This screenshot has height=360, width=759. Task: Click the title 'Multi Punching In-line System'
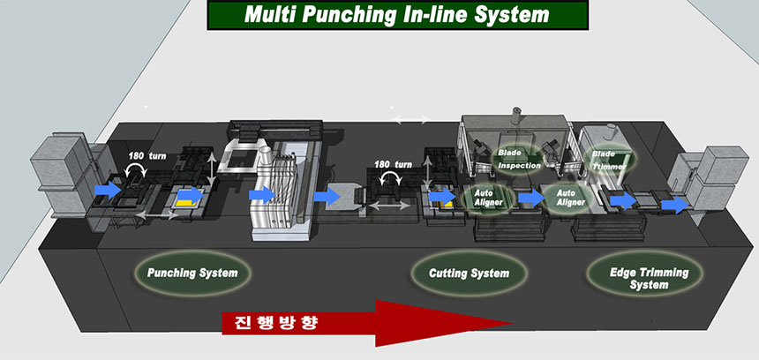click(x=397, y=14)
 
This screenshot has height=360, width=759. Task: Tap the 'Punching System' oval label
click(x=192, y=273)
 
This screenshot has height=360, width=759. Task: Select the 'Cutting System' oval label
click(x=469, y=274)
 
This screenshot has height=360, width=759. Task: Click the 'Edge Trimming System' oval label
click(x=649, y=278)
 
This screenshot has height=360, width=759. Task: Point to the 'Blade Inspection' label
click(x=518, y=159)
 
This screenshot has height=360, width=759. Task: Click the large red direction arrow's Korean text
click(x=276, y=322)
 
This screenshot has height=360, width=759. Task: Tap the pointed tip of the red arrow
click(x=512, y=323)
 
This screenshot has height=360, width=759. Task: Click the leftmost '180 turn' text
click(x=147, y=156)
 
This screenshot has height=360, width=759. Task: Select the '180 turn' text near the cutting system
click(x=393, y=164)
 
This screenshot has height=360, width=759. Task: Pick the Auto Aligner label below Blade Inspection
click(x=487, y=198)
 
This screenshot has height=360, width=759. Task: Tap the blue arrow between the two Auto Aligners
click(x=531, y=197)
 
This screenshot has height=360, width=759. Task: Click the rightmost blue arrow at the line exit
click(x=674, y=205)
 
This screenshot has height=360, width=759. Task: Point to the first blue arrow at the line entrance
click(x=108, y=189)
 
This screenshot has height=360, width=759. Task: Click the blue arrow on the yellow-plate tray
click(x=192, y=194)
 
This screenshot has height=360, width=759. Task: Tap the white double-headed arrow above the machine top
click(x=410, y=119)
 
